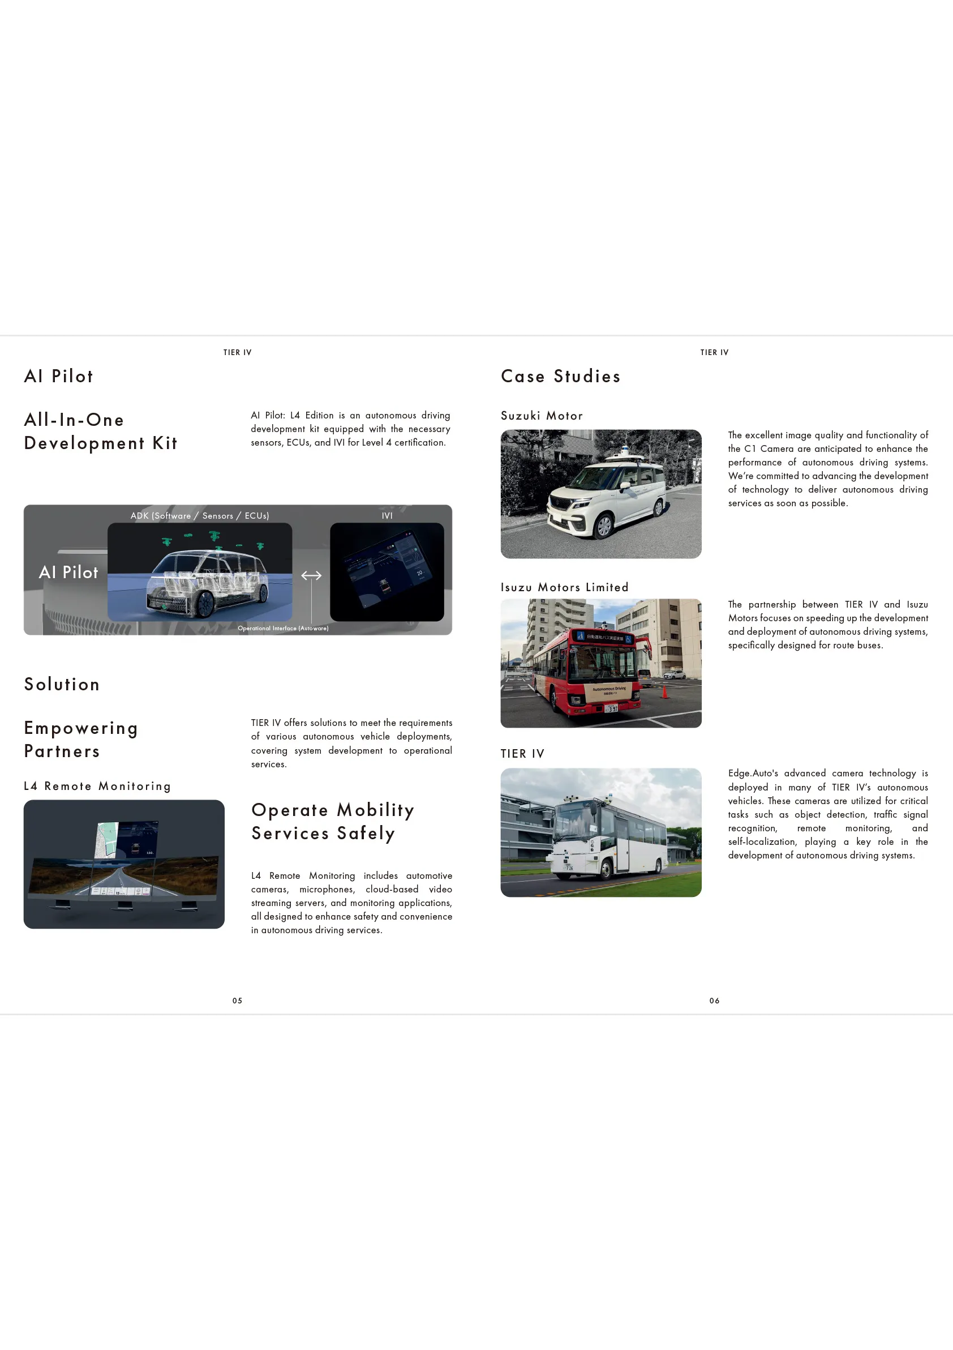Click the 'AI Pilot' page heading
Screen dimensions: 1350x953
point(59,377)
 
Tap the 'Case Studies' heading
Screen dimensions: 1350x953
point(560,377)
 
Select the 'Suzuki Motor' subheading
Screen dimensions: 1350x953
point(542,416)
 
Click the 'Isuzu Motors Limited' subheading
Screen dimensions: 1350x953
point(565,587)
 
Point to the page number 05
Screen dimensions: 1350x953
point(237,1001)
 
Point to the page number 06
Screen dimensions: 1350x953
point(714,1001)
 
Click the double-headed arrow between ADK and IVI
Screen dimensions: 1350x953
point(311,576)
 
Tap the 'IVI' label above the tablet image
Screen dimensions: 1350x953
point(387,516)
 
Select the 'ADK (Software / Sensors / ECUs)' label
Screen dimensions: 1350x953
point(200,516)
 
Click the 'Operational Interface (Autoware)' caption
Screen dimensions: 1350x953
point(283,629)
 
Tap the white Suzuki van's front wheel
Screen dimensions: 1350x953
point(604,527)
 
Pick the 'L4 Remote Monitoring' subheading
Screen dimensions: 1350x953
point(97,786)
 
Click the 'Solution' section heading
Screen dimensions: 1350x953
point(62,685)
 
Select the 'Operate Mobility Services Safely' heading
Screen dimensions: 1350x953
point(333,822)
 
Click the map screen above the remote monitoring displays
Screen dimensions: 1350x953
point(107,839)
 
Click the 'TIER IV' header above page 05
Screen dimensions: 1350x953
point(237,353)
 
